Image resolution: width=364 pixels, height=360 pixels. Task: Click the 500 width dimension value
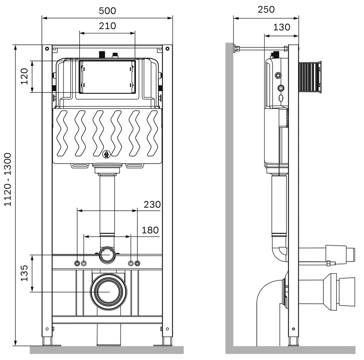coord(107,11)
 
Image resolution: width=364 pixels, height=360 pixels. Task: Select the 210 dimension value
coord(107,26)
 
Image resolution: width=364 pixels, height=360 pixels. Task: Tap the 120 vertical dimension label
coord(24,76)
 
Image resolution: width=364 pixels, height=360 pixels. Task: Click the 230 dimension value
coord(152,205)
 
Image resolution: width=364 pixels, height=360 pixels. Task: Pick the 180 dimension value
coord(150,230)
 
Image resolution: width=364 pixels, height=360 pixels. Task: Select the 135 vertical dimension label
coord(24,273)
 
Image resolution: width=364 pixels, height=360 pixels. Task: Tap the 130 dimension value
coord(282,27)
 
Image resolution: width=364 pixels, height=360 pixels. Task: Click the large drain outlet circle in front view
coord(108,291)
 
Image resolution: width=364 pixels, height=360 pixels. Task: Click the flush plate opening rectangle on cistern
coord(107,77)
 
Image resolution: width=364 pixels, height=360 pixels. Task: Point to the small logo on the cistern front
coord(106,154)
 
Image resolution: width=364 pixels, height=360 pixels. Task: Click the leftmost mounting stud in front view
coord(77,264)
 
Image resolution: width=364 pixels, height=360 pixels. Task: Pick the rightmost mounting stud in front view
coord(137,264)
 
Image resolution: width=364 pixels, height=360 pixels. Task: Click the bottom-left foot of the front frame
coord(47,341)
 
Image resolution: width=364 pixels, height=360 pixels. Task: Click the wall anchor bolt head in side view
coord(236,49)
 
